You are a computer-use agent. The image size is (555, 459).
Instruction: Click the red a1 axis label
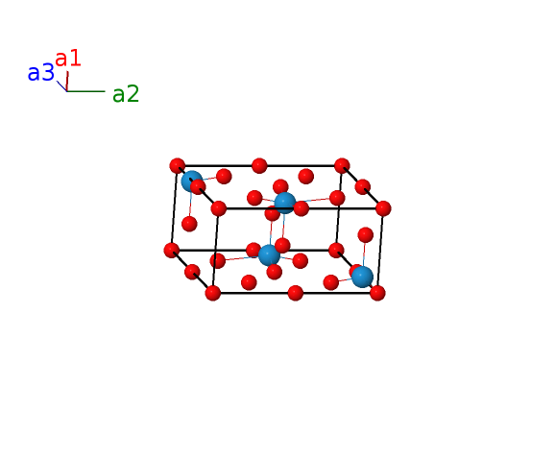click(x=68, y=59)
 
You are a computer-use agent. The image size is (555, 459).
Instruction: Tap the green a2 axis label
click(x=126, y=94)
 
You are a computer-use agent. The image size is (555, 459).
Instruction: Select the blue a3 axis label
click(x=40, y=73)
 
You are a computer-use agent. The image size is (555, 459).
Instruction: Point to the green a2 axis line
click(x=86, y=91)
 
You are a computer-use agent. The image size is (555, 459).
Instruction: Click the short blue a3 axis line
click(x=62, y=86)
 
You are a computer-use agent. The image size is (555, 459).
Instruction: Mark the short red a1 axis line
click(x=67, y=81)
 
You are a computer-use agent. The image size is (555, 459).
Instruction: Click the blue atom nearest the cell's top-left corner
click(x=191, y=181)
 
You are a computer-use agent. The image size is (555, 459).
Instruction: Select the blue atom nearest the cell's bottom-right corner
click(x=362, y=277)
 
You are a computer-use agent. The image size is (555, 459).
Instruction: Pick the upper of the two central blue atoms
click(x=285, y=203)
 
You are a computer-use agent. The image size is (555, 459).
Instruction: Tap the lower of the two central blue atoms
click(x=269, y=255)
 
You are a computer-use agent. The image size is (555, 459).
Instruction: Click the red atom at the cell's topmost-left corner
click(x=178, y=165)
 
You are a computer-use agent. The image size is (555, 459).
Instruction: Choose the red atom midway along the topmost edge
click(x=259, y=165)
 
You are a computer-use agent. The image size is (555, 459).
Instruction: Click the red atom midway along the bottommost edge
click(x=295, y=293)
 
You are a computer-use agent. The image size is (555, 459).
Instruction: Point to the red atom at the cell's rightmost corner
click(x=383, y=208)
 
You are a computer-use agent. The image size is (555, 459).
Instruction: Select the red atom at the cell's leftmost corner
click(x=172, y=251)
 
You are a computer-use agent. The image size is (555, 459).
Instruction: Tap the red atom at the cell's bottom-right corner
click(x=377, y=293)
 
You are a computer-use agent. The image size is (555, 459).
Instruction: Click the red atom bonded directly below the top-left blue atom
click(x=189, y=224)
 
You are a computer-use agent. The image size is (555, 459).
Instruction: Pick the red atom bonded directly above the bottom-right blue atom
click(x=365, y=235)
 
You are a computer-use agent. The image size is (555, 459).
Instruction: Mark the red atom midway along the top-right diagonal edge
click(x=362, y=187)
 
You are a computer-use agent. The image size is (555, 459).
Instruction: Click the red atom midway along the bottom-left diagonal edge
click(x=192, y=272)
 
